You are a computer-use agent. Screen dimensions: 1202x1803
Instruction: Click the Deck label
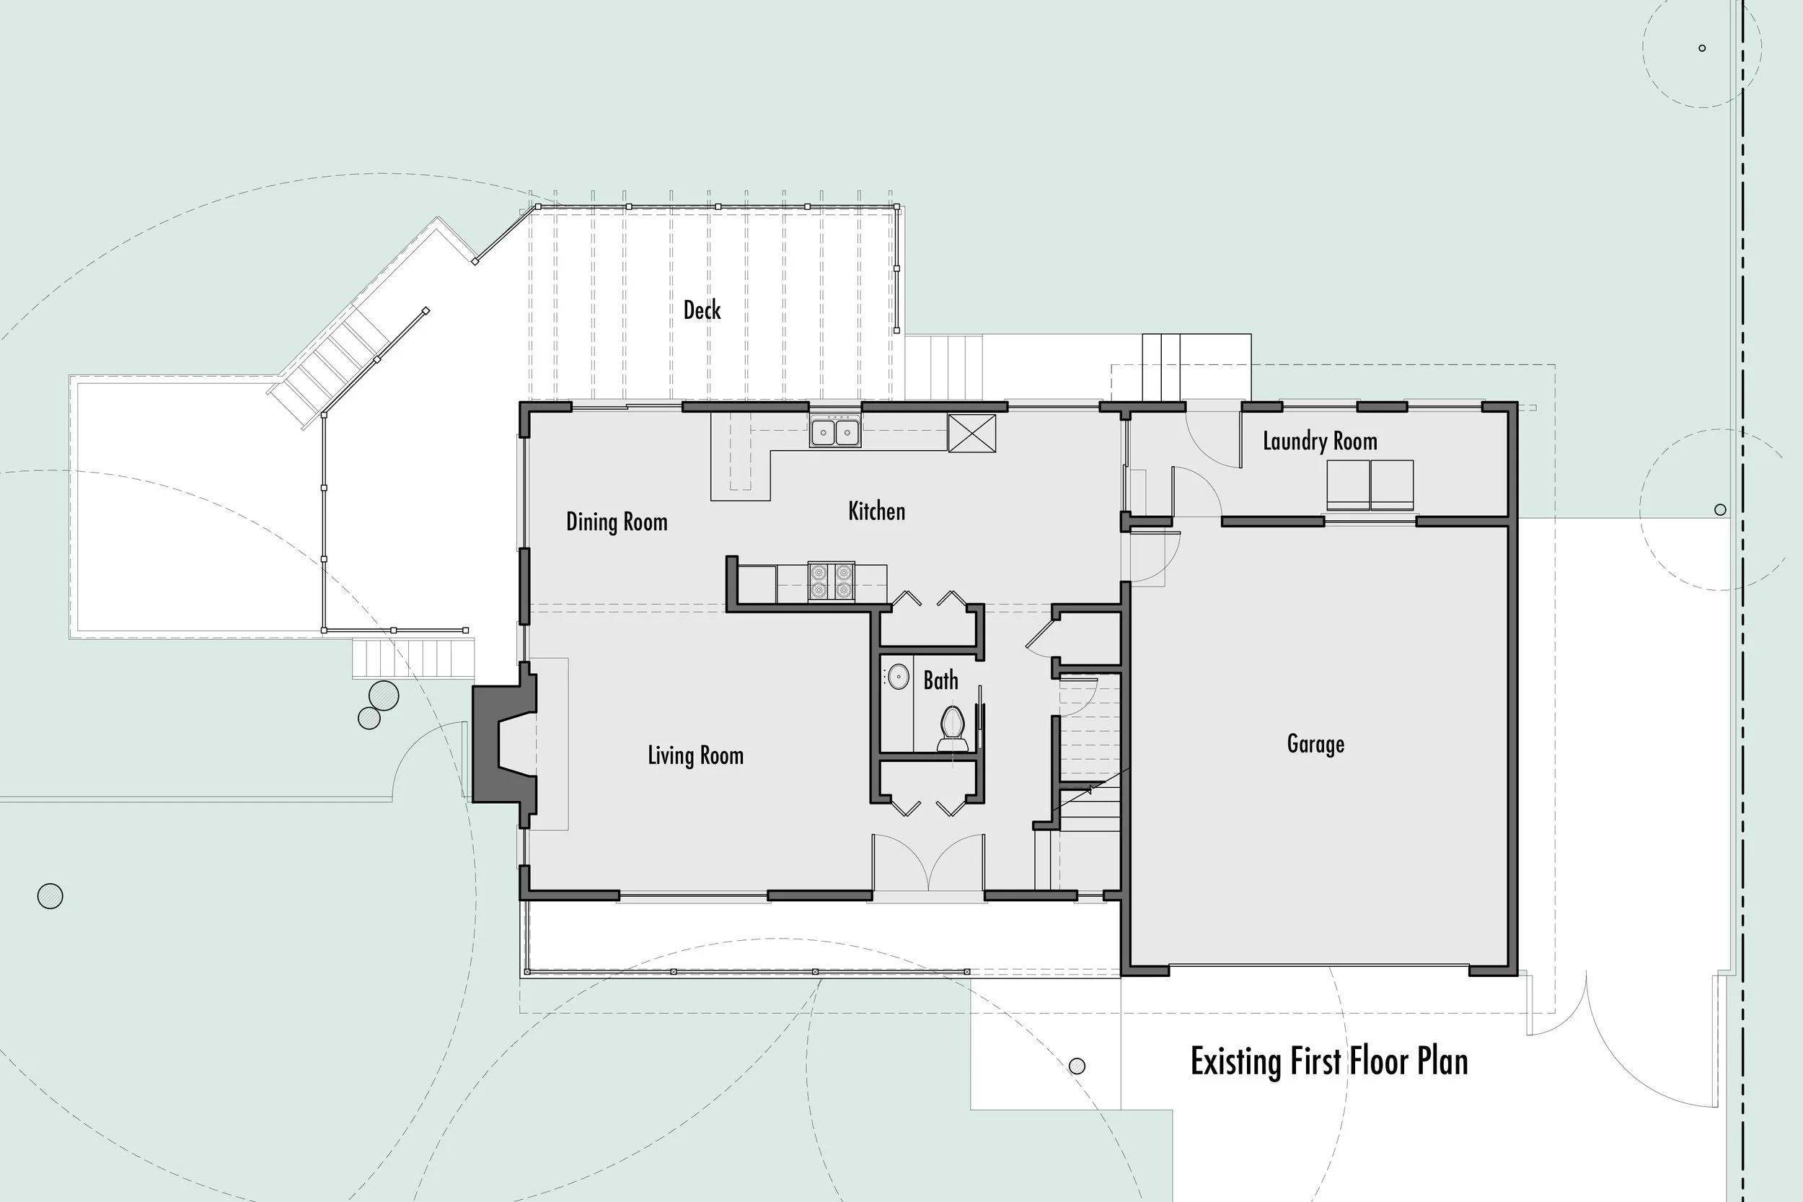(702, 310)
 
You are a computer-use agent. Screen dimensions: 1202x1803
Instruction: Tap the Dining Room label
(617, 522)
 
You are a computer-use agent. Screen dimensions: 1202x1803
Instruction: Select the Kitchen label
(876, 512)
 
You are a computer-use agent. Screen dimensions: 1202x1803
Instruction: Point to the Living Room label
(696, 755)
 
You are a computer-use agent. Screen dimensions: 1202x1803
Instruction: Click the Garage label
(1315, 745)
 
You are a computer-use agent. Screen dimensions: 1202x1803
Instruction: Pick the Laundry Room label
(1320, 442)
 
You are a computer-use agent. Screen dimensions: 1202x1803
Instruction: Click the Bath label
(940, 680)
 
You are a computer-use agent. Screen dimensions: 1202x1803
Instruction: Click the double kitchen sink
(835, 431)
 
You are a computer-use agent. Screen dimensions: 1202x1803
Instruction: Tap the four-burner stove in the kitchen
(832, 582)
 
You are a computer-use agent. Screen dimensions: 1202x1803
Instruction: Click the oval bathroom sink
(898, 677)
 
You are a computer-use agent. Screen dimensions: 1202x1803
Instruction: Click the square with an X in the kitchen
(971, 433)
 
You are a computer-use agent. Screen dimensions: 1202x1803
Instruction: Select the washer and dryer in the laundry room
(1370, 486)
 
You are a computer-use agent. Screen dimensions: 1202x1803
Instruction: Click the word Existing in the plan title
(1235, 1063)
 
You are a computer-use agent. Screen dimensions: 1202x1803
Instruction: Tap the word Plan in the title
(1442, 1063)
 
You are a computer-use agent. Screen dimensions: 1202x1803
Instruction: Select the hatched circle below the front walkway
(1077, 1066)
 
